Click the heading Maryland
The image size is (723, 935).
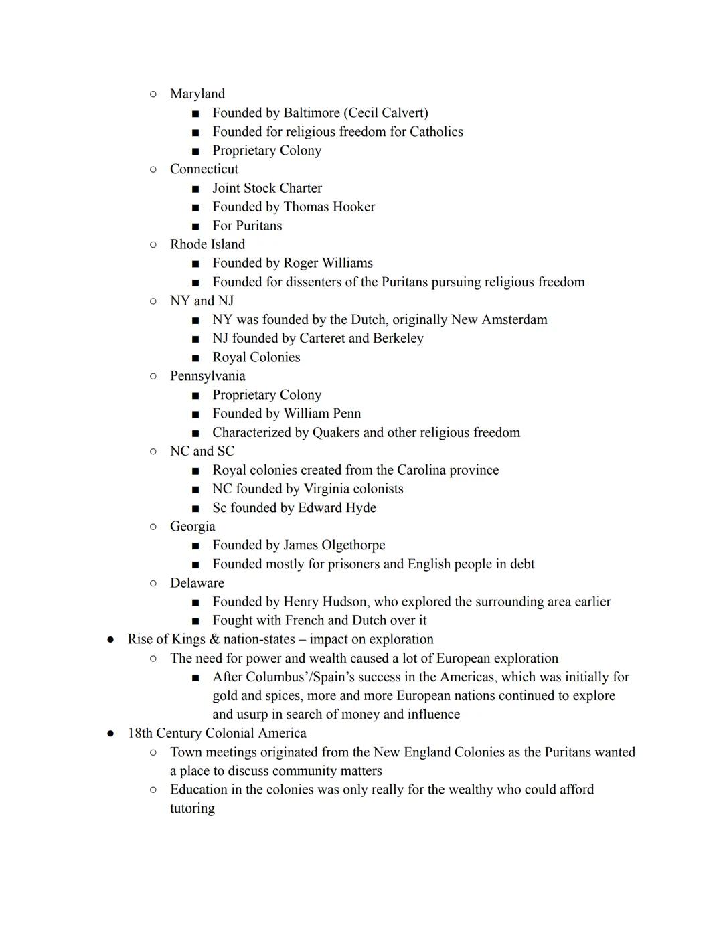pos(197,94)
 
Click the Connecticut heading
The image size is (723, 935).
pos(204,169)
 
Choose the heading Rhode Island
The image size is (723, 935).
pos(207,244)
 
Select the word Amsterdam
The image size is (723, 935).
pos(515,319)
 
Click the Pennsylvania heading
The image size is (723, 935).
pos(208,375)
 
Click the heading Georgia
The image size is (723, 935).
pos(192,526)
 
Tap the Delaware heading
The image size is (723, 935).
pos(197,582)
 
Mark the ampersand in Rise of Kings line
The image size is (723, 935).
pos(214,639)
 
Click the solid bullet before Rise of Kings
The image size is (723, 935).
pos(110,639)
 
